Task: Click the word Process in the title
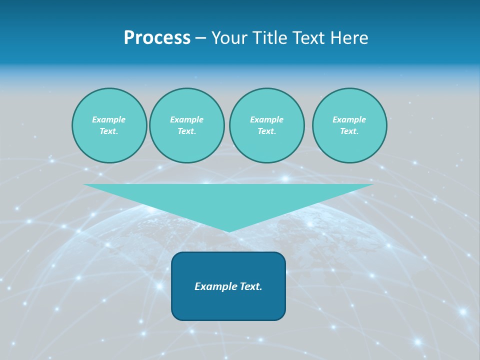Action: (x=157, y=38)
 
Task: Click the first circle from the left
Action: (x=109, y=125)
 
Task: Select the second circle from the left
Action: (x=186, y=125)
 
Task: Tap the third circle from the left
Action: (x=266, y=125)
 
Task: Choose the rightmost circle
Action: (x=349, y=125)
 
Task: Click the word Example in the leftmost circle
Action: (x=109, y=119)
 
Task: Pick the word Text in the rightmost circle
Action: (x=348, y=131)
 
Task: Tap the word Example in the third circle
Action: (x=266, y=119)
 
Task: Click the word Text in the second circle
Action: (x=186, y=131)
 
